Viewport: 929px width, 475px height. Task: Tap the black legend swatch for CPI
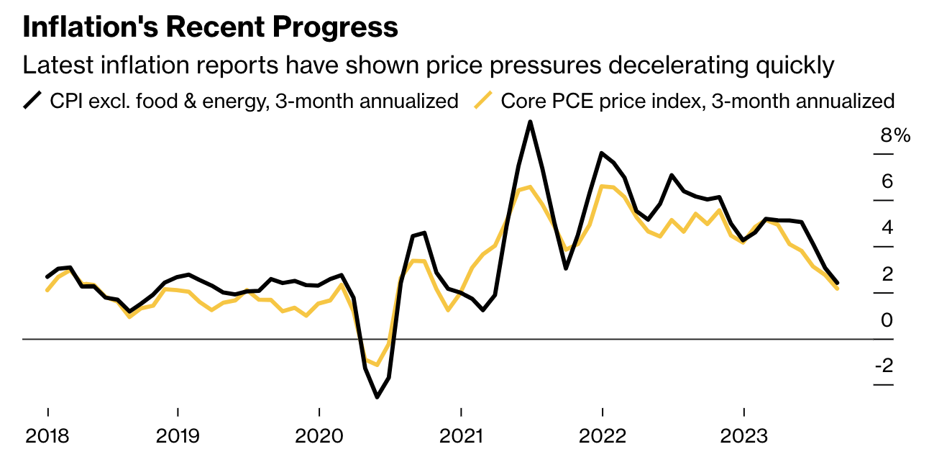pyautogui.click(x=33, y=100)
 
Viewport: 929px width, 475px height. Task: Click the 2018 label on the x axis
pyautogui.click(x=47, y=436)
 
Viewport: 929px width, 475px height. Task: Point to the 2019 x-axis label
pyautogui.click(x=177, y=436)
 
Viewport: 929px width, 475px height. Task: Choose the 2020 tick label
pyautogui.click(x=319, y=436)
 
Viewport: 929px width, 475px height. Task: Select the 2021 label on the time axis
pyautogui.click(x=460, y=436)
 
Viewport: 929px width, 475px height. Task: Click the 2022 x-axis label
pyautogui.click(x=602, y=436)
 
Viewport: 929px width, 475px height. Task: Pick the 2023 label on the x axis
pyautogui.click(x=743, y=436)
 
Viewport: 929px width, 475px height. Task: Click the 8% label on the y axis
pyautogui.click(x=895, y=135)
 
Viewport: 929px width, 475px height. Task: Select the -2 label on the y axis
pyautogui.click(x=884, y=366)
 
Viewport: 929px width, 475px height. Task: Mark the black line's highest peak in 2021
pyautogui.click(x=530, y=122)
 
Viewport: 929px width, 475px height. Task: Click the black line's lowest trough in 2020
pyautogui.click(x=377, y=397)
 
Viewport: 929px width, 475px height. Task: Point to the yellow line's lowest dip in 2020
pyautogui.click(x=376, y=365)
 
